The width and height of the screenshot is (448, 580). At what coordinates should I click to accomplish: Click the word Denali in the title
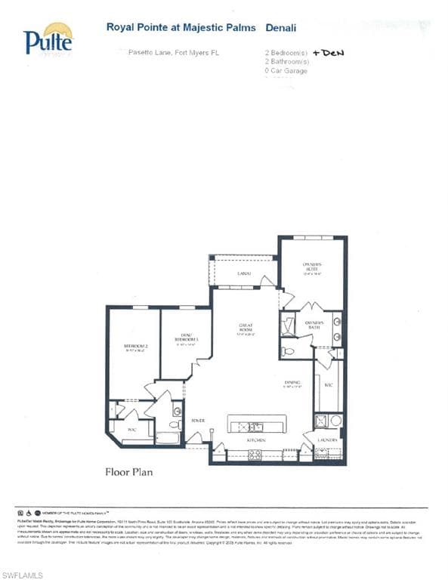[x=281, y=26]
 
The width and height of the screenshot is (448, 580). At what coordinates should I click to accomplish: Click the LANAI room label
[x=243, y=273]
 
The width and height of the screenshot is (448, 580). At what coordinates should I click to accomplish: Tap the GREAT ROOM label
[x=246, y=329]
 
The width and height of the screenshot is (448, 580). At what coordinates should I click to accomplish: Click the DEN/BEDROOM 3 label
[x=186, y=338]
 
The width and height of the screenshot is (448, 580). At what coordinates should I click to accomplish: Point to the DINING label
[x=293, y=384]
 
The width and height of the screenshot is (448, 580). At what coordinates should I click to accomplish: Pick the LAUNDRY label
[x=327, y=437]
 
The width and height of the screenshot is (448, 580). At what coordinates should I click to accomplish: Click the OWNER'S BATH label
[x=314, y=324]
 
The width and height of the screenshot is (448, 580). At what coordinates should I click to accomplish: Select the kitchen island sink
[x=255, y=427]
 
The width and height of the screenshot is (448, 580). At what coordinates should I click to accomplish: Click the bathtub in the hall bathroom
[x=167, y=437]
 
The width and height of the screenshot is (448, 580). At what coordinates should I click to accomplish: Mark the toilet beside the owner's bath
[x=287, y=351]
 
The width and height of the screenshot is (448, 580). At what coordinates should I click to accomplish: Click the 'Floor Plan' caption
[x=128, y=474]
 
